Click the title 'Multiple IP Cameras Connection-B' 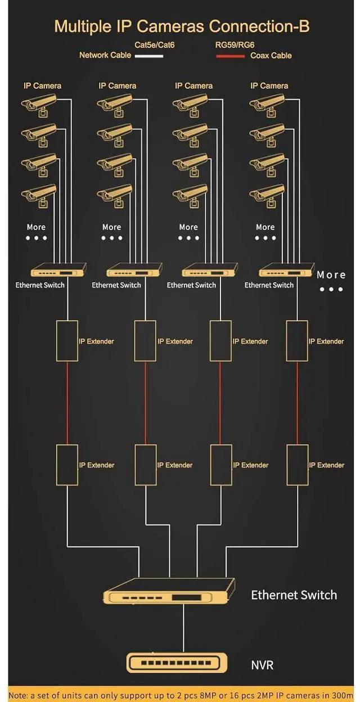pos(182,26)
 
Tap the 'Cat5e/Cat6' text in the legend pos(154,44)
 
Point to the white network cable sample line pos(148,56)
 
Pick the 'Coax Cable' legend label pos(271,56)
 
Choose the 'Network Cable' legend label pos(105,55)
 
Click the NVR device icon pos(177,663)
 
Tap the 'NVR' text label pos(262,665)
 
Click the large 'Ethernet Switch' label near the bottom pos(294,595)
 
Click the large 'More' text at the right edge pos(331,274)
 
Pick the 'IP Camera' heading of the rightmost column pos(269,86)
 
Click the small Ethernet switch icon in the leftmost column pos(58,270)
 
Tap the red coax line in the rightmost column pos(297,403)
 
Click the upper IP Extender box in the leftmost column pos(67,341)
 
